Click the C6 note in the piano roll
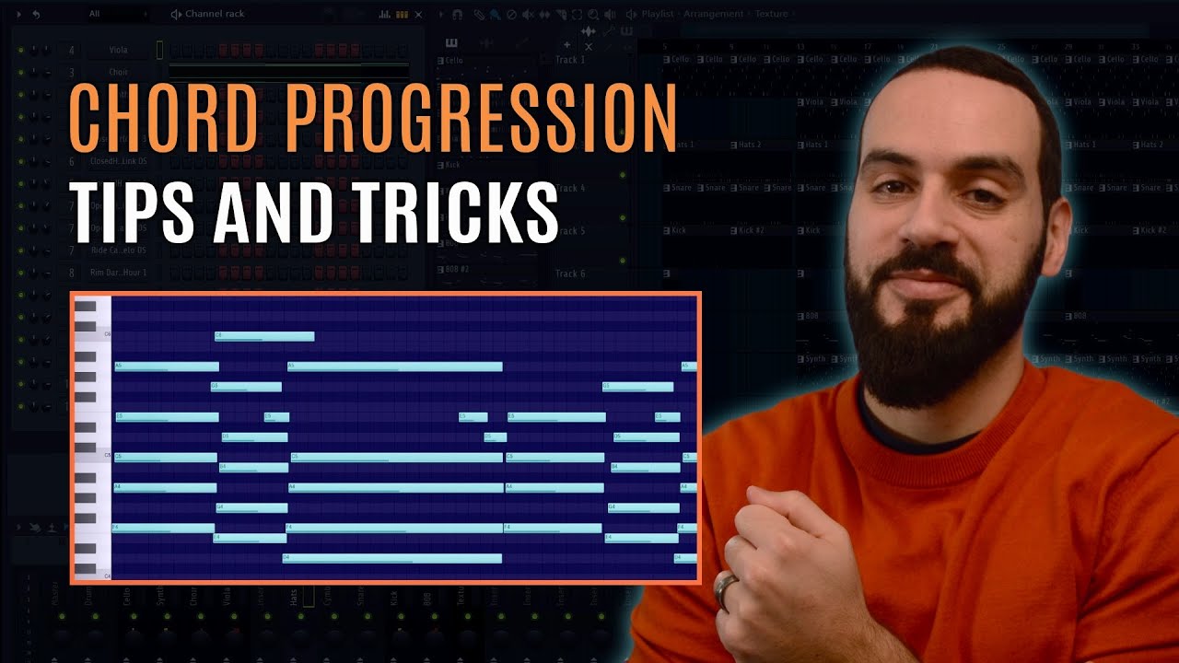[x=264, y=336]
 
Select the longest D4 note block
[x=391, y=558]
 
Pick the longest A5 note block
[x=394, y=366]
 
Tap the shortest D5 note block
[x=496, y=437]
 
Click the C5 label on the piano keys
[x=107, y=456]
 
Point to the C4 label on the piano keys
[x=107, y=576]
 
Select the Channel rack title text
[x=214, y=14]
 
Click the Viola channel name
[x=117, y=50]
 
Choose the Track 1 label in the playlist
[x=569, y=60]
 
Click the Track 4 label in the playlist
[x=569, y=189]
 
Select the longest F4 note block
[x=394, y=528]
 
